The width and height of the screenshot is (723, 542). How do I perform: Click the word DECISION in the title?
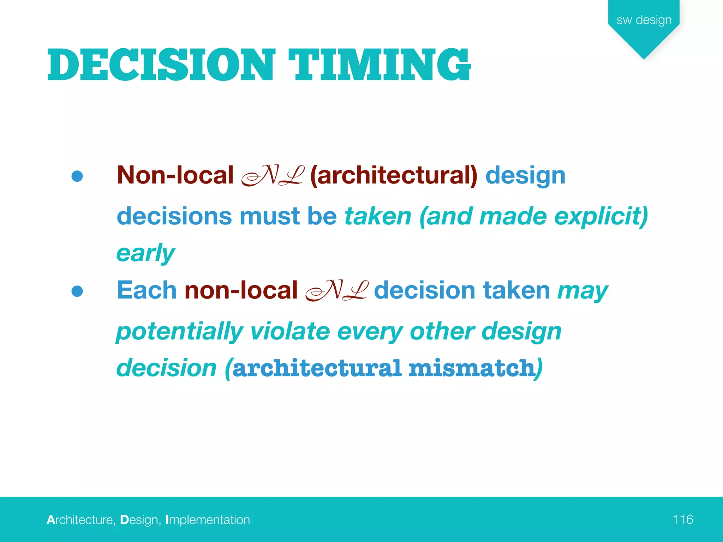pyautogui.click(x=161, y=65)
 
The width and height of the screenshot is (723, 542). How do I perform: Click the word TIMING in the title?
pyautogui.click(x=380, y=65)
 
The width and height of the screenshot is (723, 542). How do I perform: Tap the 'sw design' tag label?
pyautogui.click(x=644, y=20)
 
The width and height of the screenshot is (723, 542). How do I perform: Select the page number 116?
pyautogui.click(x=682, y=519)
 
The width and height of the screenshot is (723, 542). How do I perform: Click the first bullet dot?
pyautogui.click(x=77, y=176)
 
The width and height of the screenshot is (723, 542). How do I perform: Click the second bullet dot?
pyautogui.click(x=77, y=291)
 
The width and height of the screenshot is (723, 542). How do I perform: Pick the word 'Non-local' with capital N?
pyautogui.click(x=175, y=175)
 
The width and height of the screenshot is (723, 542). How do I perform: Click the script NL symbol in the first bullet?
pyautogui.click(x=272, y=176)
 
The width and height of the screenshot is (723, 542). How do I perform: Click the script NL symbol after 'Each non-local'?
pyautogui.click(x=336, y=291)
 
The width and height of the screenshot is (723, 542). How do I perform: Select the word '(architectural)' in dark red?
pyautogui.click(x=393, y=176)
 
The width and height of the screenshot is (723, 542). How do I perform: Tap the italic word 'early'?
pyautogui.click(x=145, y=253)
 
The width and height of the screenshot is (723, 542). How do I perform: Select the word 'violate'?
pyautogui.click(x=289, y=332)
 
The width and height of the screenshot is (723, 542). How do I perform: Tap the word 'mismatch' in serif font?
pyautogui.click(x=472, y=368)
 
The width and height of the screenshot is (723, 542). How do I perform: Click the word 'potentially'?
pyautogui.click(x=180, y=332)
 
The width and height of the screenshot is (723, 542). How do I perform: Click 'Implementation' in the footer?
pyautogui.click(x=208, y=520)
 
